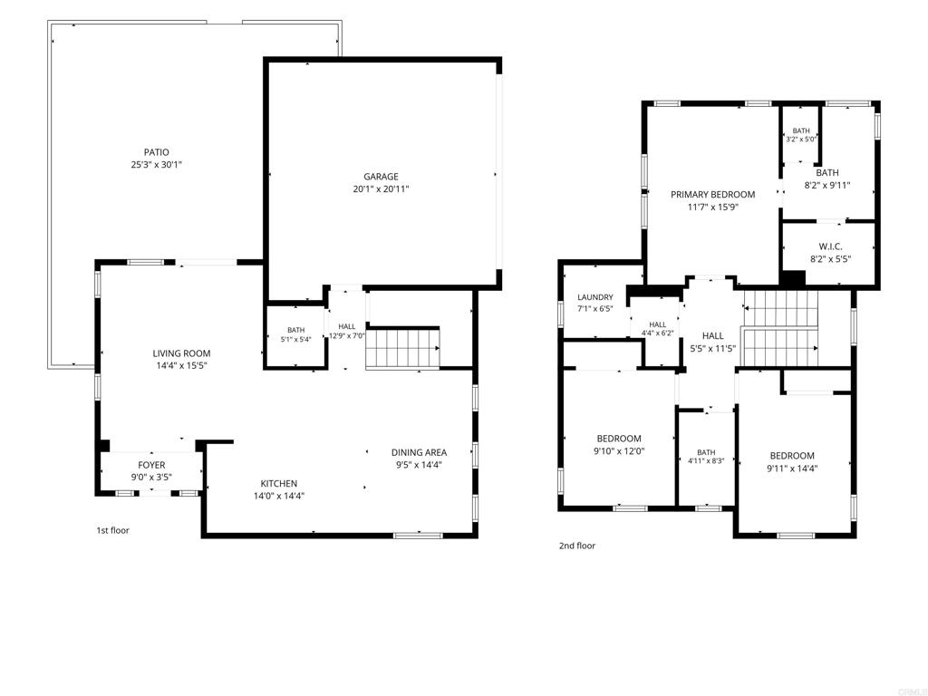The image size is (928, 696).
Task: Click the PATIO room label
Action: pos(156,152)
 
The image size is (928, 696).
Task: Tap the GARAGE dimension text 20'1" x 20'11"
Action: pos(382,189)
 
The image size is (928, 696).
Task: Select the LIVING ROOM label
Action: pos(181,353)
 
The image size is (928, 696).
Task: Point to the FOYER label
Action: pos(151,465)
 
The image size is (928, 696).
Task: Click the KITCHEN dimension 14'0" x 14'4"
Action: pos(279,496)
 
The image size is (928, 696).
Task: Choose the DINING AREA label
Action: pos(419,453)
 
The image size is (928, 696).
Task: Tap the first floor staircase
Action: pos(403,349)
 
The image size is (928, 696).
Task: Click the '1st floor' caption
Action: pos(112,530)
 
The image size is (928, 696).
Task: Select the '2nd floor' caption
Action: pos(577,546)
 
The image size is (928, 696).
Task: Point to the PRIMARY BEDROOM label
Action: pos(712,194)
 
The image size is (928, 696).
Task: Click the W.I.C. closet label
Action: pos(830,246)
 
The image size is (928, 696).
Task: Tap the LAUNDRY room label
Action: pos(595,297)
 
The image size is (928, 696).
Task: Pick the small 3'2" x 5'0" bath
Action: pos(801,135)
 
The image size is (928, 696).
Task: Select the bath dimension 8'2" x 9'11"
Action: pos(827,185)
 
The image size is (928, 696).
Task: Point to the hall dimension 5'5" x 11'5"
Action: pos(713,349)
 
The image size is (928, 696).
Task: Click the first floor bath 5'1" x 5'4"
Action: pos(296,334)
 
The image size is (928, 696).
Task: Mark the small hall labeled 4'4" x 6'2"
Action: pos(658,328)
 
